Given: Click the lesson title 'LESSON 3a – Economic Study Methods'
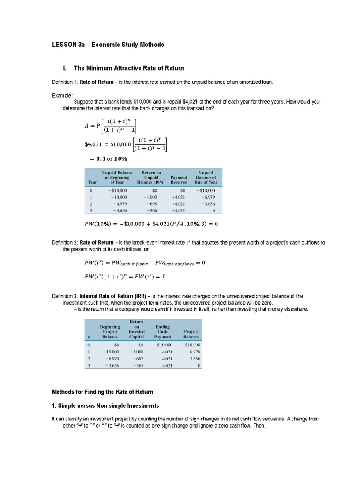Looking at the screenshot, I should (108, 45).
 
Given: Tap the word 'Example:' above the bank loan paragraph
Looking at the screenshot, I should (62, 95).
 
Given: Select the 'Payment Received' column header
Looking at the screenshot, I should (179, 180).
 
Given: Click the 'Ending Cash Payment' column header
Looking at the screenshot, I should (163, 331).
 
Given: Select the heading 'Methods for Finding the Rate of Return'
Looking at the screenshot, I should (102, 391).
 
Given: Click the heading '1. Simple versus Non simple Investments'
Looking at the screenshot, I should (105, 405).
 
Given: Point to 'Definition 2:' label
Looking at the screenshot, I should (65, 243).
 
